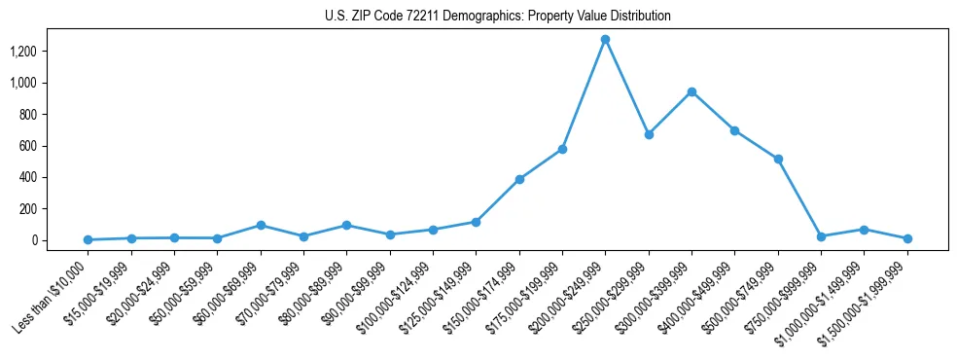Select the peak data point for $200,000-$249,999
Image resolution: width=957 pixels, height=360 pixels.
tap(605, 40)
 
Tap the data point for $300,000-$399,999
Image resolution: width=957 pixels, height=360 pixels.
tap(691, 92)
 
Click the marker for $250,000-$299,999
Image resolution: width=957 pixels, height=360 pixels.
tap(649, 134)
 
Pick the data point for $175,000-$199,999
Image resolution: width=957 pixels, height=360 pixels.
tap(562, 149)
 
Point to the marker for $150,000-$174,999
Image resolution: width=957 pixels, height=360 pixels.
tap(519, 179)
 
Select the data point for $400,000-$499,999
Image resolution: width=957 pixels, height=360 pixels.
tap(734, 130)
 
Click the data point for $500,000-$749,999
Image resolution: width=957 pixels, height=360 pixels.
tap(778, 159)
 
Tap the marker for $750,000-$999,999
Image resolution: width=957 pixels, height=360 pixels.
tap(821, 236)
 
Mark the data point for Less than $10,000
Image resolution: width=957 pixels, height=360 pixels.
tap(88, 239)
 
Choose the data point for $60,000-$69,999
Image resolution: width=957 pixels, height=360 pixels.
tap(261, 225)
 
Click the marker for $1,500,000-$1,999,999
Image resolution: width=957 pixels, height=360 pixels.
tap(907, 238)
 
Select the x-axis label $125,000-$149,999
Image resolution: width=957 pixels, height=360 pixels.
tap(435, 295)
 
